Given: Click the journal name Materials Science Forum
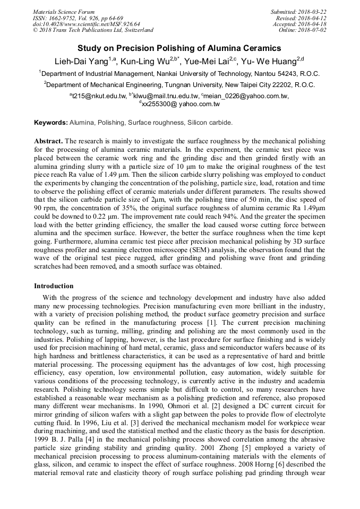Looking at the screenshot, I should coord(64,12).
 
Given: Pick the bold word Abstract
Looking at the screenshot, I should coord(48,142).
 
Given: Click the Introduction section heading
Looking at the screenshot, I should coord(54,286).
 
